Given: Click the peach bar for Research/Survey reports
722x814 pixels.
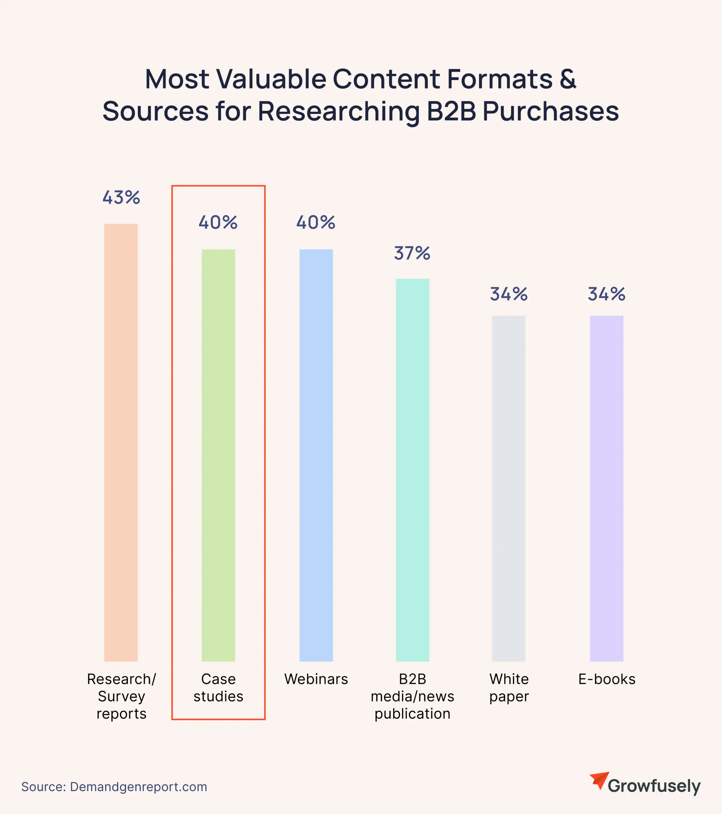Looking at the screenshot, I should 121,442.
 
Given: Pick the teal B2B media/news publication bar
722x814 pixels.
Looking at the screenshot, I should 412,470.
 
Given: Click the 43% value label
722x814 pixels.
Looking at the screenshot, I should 121,197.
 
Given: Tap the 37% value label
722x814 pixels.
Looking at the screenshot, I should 412,253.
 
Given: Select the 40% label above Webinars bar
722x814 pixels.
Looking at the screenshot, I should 316,223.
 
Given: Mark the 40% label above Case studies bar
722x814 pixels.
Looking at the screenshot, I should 218,223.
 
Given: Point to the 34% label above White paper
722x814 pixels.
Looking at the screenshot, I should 509,294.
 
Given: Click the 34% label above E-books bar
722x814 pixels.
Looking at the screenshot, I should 606,294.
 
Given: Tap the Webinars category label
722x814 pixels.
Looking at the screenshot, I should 316,679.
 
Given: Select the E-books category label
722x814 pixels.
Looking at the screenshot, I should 606,679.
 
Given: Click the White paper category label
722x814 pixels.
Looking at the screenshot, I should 509,688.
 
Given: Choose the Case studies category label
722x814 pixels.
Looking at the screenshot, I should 218,688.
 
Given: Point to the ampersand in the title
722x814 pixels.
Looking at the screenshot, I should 568,79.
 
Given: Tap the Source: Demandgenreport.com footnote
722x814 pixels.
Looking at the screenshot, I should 114,787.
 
